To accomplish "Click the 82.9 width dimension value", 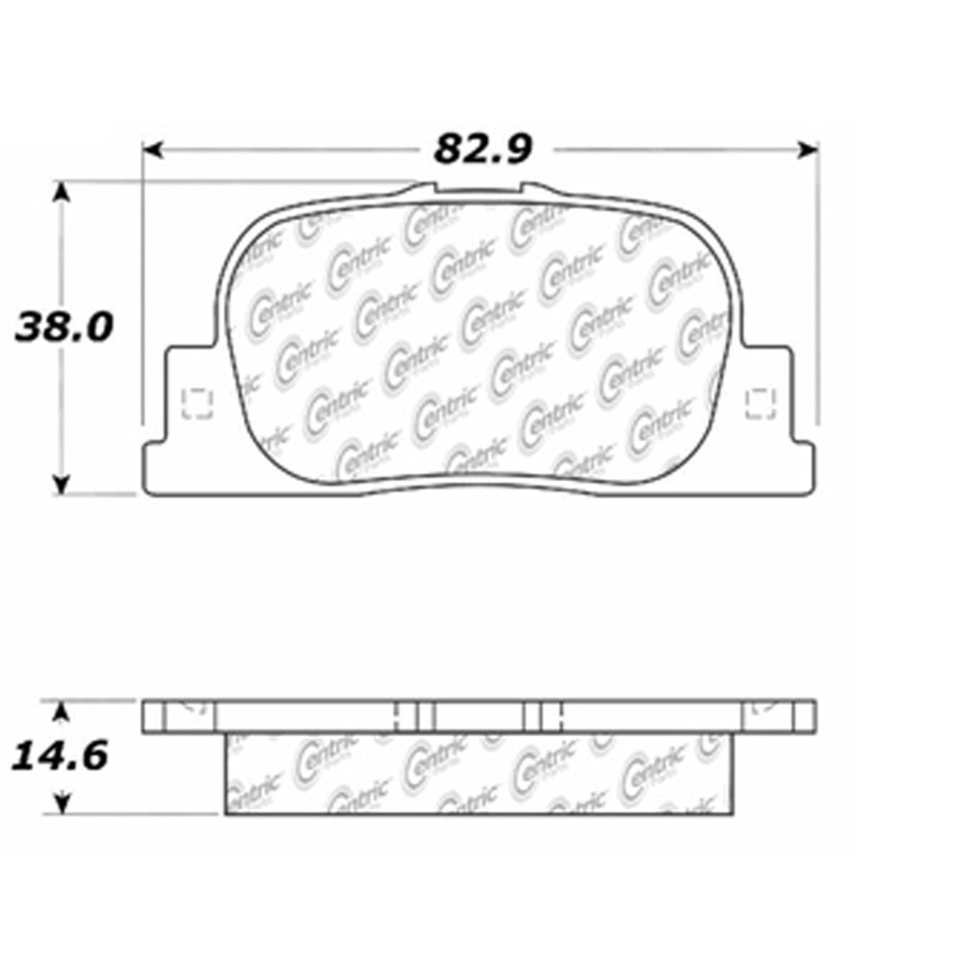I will (483, 149).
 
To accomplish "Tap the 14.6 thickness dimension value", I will (61, 757).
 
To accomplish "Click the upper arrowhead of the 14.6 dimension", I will (61, 712).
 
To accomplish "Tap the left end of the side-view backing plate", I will (153, 716).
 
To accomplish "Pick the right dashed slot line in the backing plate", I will (562, 716).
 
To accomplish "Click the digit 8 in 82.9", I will (448, 149).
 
